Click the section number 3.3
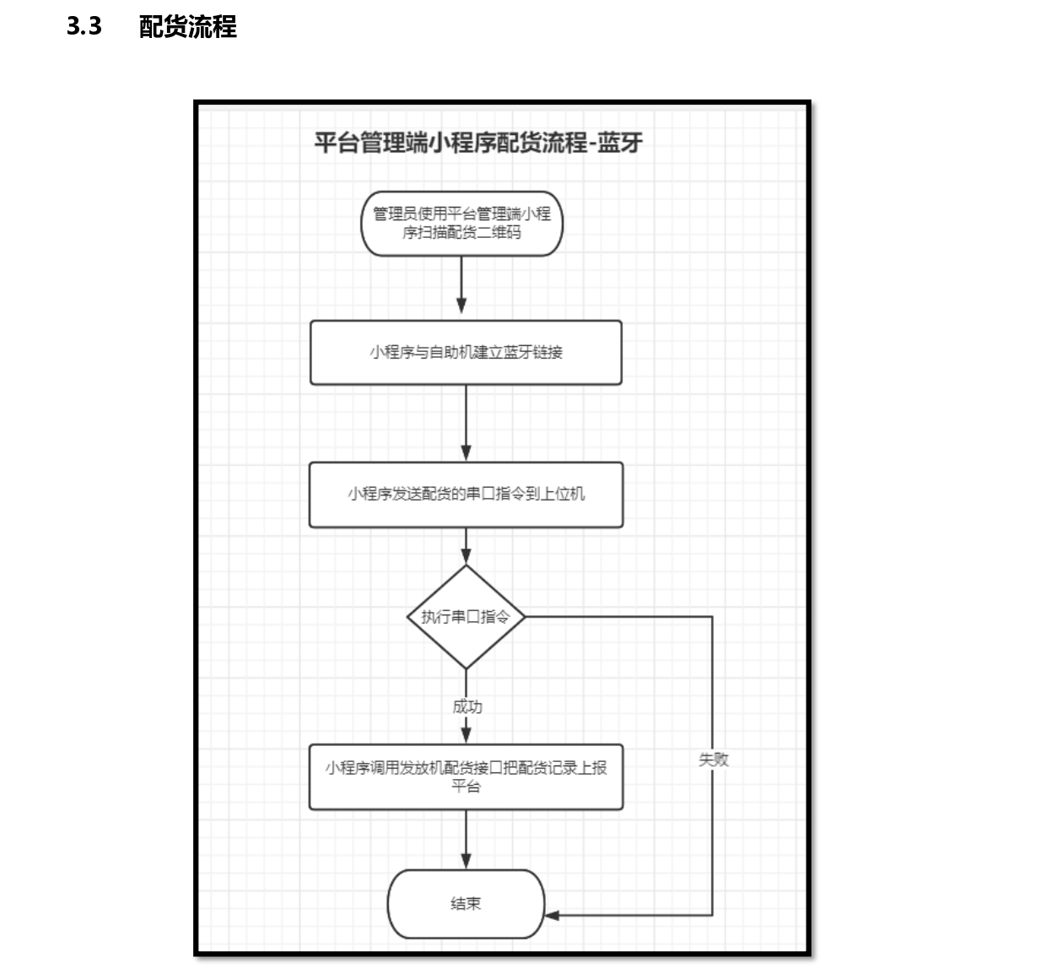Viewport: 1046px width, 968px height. pyautogui.click(x=84, y=26)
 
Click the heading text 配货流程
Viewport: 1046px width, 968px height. pyautogui.click(x=188, y=26)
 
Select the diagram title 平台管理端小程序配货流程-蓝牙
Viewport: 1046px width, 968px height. pyautogui.click(x=478, y=143)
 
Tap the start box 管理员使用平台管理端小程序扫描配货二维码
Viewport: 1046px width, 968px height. pyautogui.click(x=461, y=224)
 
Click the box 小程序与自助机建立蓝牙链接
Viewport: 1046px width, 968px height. pyautogui.click(x=466, y=352)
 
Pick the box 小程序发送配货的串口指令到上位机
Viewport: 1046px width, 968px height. pyautogui.click(x=466, y=495)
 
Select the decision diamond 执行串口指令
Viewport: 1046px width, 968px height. pyautogui.click(x=466, y=617)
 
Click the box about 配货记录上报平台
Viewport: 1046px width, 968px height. pyautogui.click(x=466, y=776)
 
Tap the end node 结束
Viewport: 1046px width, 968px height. pyautogui.click(x=466, y=904)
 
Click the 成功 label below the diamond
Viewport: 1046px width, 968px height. pyautogui.click(x=467, y=706)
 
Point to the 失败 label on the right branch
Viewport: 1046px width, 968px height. pyautogui.click(x=714, y=760)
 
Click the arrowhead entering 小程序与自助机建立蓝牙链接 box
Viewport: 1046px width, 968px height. pyautogui.click(x=461, y=306)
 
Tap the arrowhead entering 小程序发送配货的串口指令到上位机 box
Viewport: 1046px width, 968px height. pyautogui.click(x=466, y=452)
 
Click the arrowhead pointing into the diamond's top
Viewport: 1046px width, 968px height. pyautogui.click(x=466, y=555)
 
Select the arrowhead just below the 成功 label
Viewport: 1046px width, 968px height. pyautogui.click(x=466, y=734)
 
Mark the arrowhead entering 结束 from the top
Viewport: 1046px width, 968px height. pyautogui.click(x=466, y=861)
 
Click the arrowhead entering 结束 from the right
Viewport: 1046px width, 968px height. pyautogui.click(x=552, y=916)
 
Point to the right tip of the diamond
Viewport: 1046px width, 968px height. pyautogui.click(x=525, y=617)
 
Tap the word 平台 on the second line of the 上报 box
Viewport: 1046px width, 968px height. pyautogui.click(x=466, y=787)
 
